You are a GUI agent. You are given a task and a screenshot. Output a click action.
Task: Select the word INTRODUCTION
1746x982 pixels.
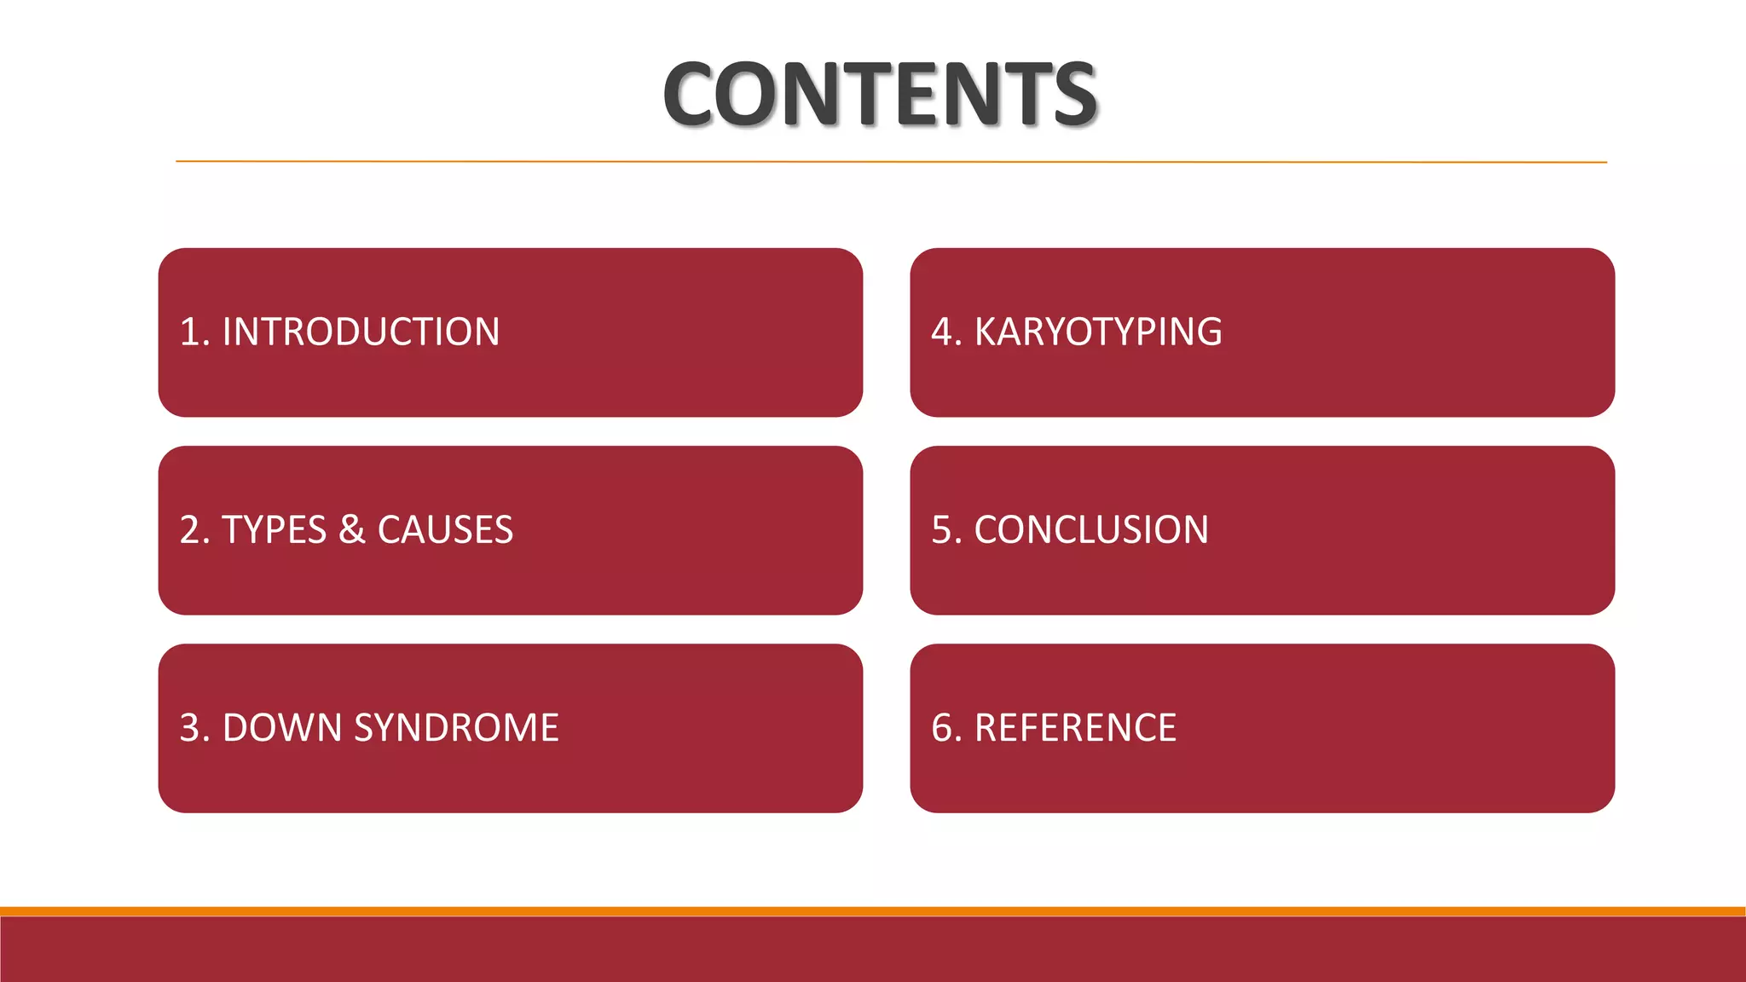click(361, 332)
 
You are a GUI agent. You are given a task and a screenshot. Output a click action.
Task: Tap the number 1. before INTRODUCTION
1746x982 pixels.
click(194, 332)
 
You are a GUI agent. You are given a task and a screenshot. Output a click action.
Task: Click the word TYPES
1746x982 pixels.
click(274, 530)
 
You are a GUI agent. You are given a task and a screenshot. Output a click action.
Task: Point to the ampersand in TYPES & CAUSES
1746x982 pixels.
click(352, 530)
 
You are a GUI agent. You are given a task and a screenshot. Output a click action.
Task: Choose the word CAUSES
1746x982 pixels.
click(445, 530)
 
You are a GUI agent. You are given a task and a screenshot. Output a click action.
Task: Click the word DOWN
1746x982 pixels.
click(281, 728)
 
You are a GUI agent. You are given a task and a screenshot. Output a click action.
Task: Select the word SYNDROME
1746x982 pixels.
click(456, 728)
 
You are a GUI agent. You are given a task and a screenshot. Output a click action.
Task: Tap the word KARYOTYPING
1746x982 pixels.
click(1098, 332)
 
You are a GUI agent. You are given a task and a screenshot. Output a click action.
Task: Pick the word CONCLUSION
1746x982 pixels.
click(1091, 530)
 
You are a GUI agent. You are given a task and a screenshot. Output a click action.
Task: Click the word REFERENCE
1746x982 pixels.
click(1075, 728)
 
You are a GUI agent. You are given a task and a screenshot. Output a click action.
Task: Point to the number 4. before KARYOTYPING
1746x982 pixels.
click(946, 332)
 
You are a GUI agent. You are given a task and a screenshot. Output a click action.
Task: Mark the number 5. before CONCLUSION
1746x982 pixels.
click(946, 530)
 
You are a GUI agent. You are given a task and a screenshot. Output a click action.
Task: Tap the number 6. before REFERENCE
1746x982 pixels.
click(946, 728)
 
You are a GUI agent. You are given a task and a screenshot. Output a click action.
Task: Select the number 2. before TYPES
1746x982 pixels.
click(194, 530)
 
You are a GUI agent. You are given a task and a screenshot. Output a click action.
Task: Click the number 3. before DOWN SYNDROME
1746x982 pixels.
click(194, 728)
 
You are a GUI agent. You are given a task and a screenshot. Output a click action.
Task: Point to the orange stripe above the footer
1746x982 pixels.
click(873, 911)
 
